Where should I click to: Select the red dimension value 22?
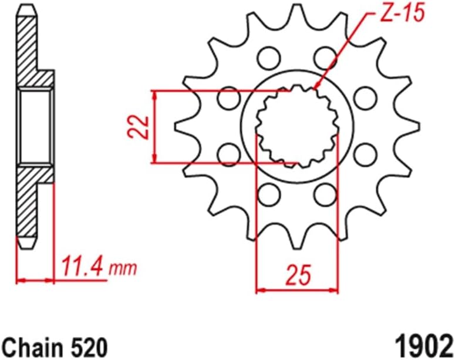(x=137, y=126)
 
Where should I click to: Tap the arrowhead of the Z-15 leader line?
(x=317, y=88)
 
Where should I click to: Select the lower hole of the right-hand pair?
(x=365, y=154)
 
